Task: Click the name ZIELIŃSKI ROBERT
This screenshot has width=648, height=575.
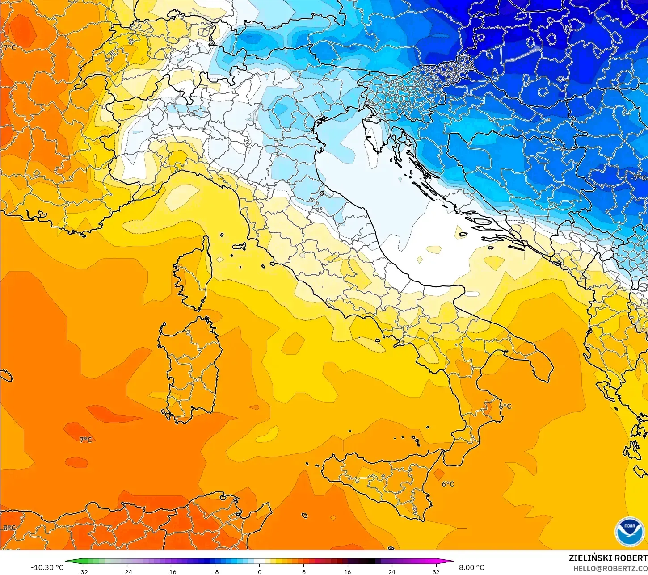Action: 608,558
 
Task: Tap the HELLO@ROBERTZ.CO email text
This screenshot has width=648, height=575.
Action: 610,568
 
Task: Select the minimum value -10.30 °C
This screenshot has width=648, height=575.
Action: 47,567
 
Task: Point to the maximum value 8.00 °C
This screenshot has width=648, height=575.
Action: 471,567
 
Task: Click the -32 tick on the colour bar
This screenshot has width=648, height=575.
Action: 83,571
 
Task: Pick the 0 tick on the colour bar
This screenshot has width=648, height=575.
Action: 259,571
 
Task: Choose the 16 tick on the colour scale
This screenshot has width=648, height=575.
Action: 347,571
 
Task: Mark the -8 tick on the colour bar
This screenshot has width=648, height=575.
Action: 215,571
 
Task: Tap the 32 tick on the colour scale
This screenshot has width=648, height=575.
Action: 436,571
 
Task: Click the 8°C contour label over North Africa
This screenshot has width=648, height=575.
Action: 9,528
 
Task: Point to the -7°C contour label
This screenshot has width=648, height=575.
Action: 638,178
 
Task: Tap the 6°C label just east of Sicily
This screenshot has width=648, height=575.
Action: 448,484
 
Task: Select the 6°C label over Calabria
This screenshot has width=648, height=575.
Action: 505,406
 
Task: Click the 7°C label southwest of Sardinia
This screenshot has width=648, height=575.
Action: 86,440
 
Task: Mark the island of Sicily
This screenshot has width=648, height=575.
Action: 380,483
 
